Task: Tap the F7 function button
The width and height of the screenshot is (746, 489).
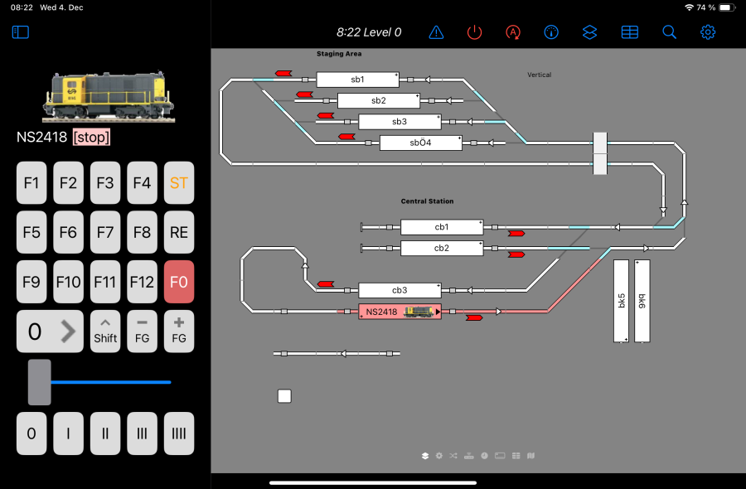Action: [x=105, y=233]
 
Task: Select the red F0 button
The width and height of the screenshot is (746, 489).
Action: [x=179, y=282]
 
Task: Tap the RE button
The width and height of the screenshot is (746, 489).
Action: [x=179, y=233]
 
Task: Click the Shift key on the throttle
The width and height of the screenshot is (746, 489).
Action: [x=105, y=331]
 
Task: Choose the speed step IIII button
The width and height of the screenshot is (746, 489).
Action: [x=179, y=433]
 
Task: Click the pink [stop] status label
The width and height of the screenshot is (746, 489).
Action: [x=91, y=138]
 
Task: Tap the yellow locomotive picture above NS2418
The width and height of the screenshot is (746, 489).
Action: [x=108, y=96]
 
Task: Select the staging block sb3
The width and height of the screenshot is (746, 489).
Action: [x=400, y=122]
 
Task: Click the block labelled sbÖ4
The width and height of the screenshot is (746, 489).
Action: [x=420, y=143]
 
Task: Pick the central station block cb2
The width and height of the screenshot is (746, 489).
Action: [x=442, y=248]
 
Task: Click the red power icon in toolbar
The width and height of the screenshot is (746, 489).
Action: [x=474, y=32]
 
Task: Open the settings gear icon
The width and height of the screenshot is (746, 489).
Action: [x=708, y=32]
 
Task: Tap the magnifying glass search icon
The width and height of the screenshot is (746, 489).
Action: [x=669, y=32]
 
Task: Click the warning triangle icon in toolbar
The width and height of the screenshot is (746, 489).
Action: [x=436, y=32]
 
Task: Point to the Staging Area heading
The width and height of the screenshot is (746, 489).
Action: [x=339, y=54]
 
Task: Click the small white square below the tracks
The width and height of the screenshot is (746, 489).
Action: [x=284, y=396]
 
